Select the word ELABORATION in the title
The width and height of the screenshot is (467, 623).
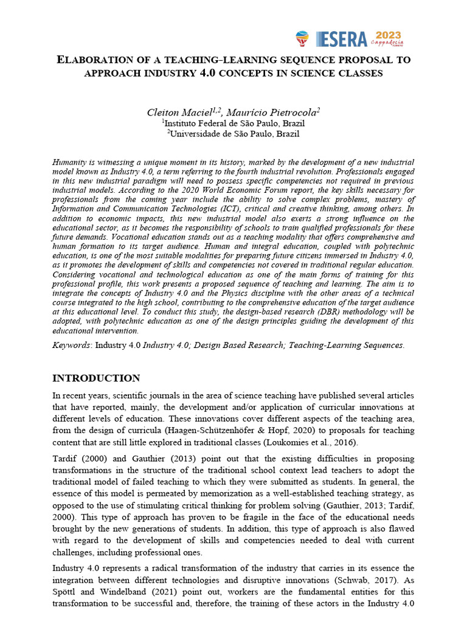click(97, 60)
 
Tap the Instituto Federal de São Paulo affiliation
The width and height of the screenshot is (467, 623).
click(234, 123)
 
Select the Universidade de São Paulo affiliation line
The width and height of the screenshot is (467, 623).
click(234, 133)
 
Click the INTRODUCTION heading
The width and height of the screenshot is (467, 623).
click(96, 378)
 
